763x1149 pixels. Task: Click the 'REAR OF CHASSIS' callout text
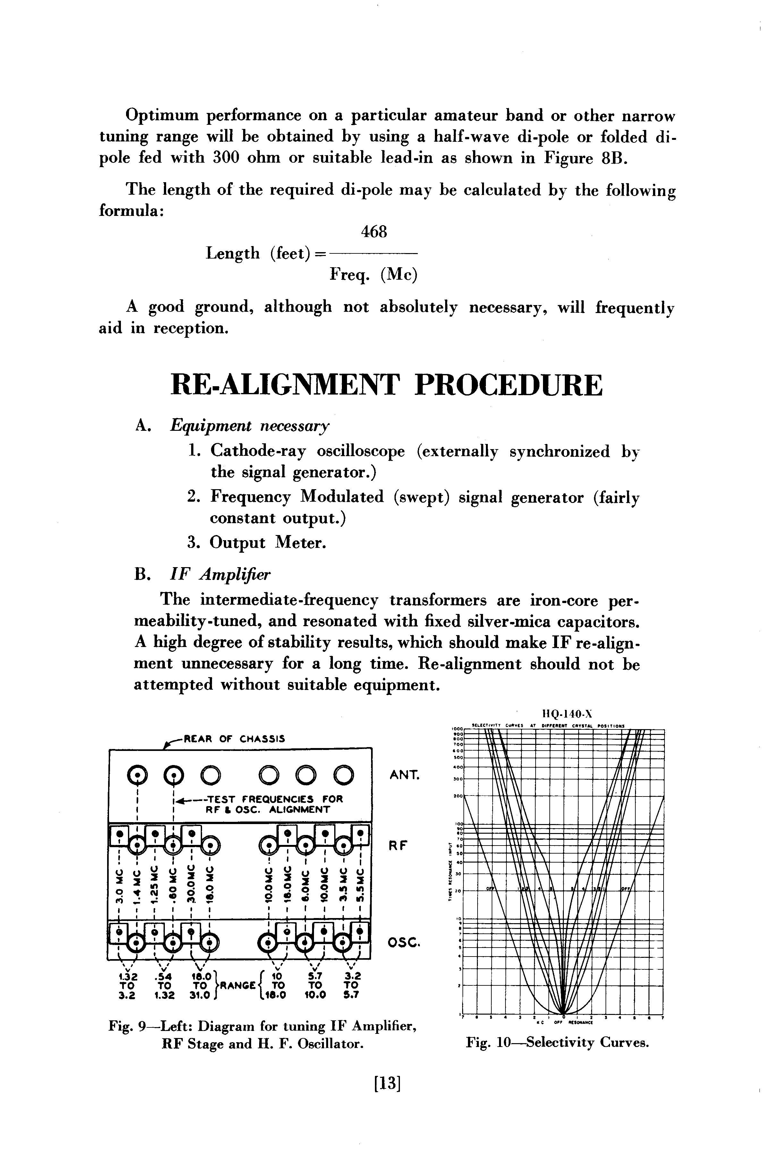[233, 739]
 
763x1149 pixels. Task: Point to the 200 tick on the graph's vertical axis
[457, 797]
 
